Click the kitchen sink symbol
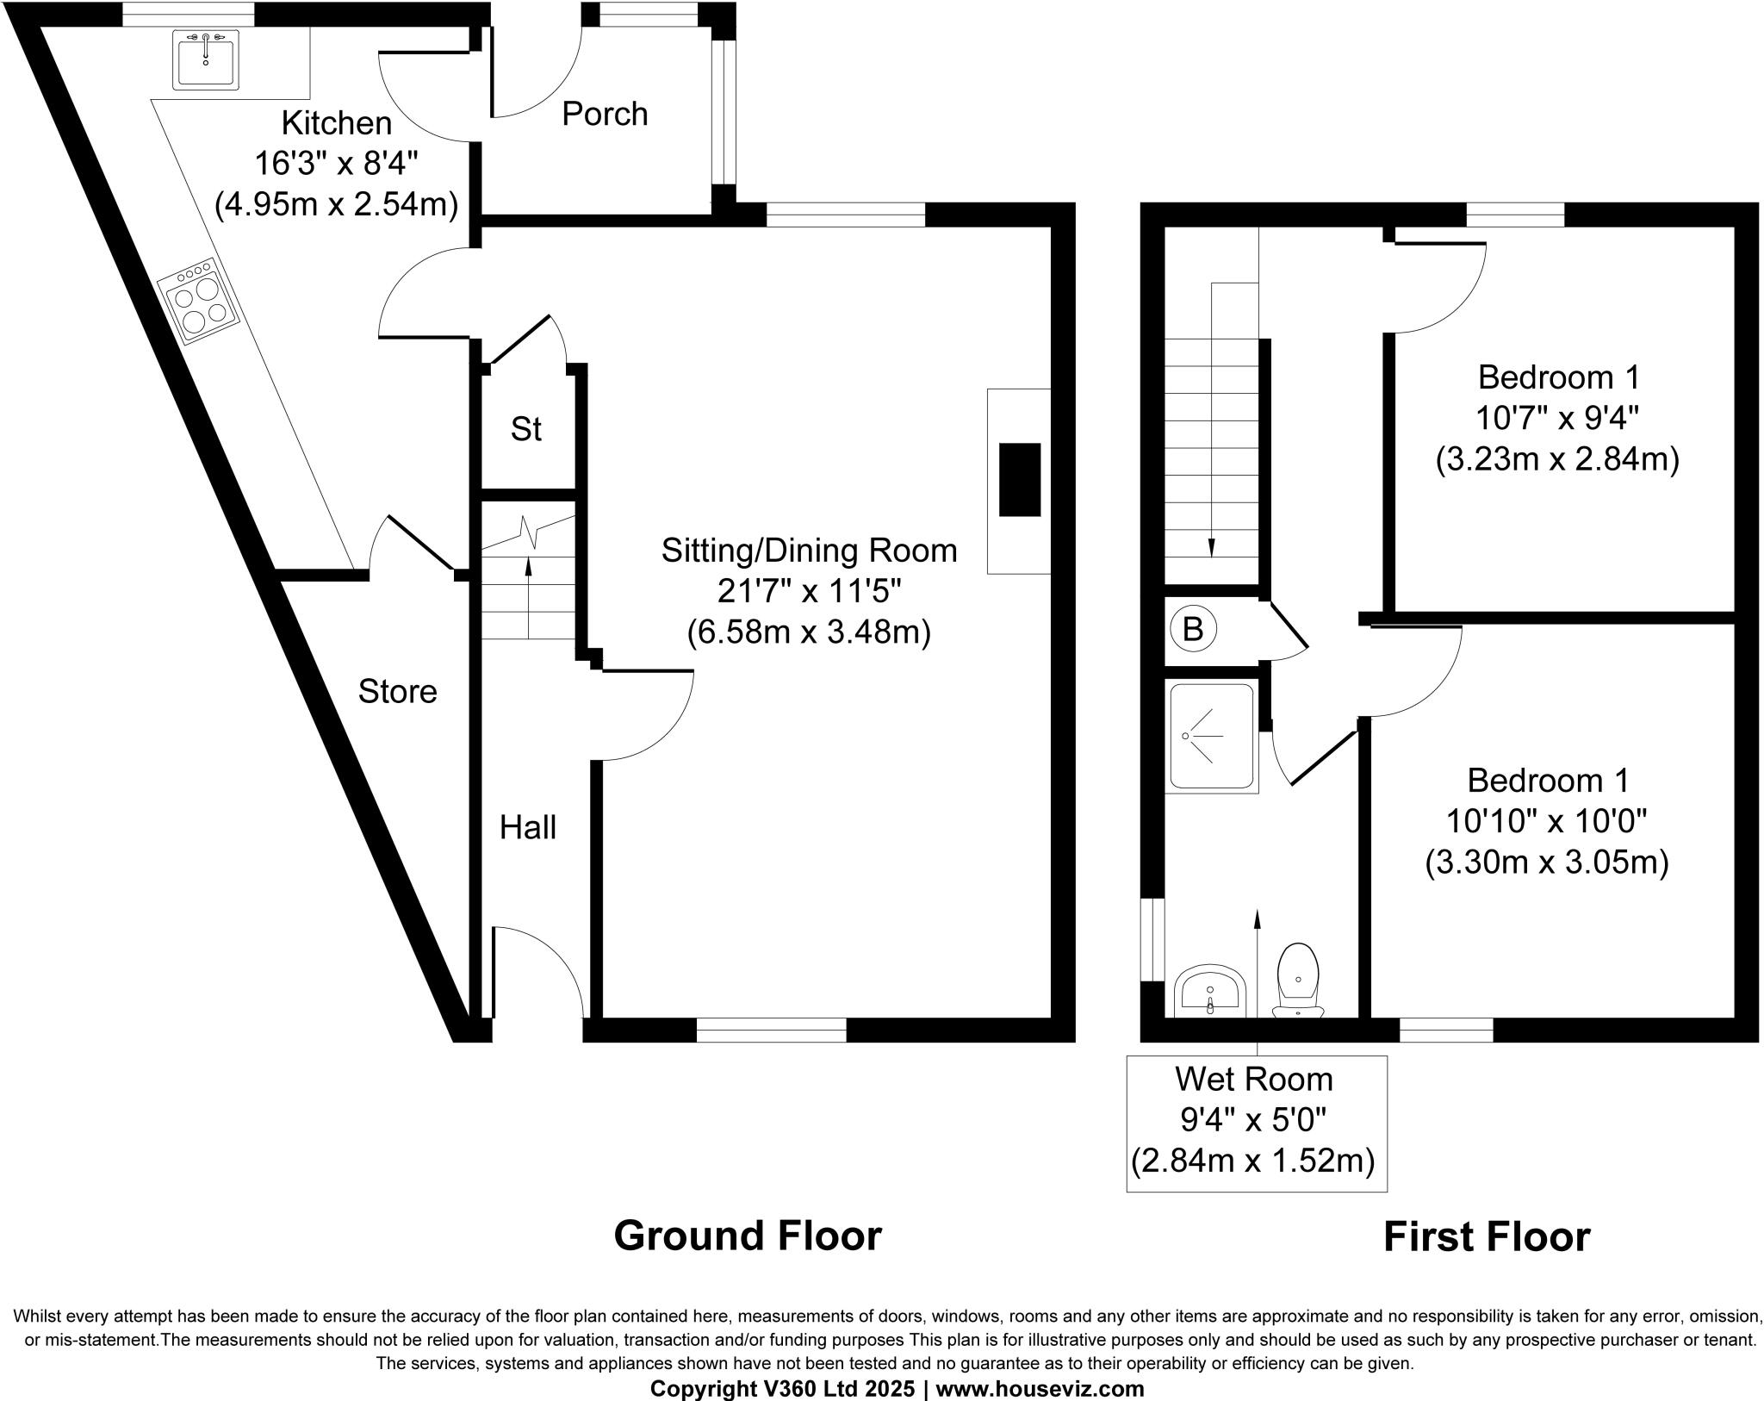(205, 59)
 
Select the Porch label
(605, 114)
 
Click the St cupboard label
(525, 429)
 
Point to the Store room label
(397, 691)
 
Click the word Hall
(528, 828)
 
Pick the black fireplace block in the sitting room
(1020, 479)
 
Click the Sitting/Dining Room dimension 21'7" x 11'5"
(809, 592)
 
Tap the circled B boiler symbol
(1192, 629)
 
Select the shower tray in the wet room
(1211, 737)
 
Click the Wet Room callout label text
(1254, 1079)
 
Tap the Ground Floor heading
(747, 1236)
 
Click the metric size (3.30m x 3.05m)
(1547, 862)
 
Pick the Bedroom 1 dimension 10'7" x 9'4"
(1557, 419)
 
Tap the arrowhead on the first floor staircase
(1212, 548)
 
